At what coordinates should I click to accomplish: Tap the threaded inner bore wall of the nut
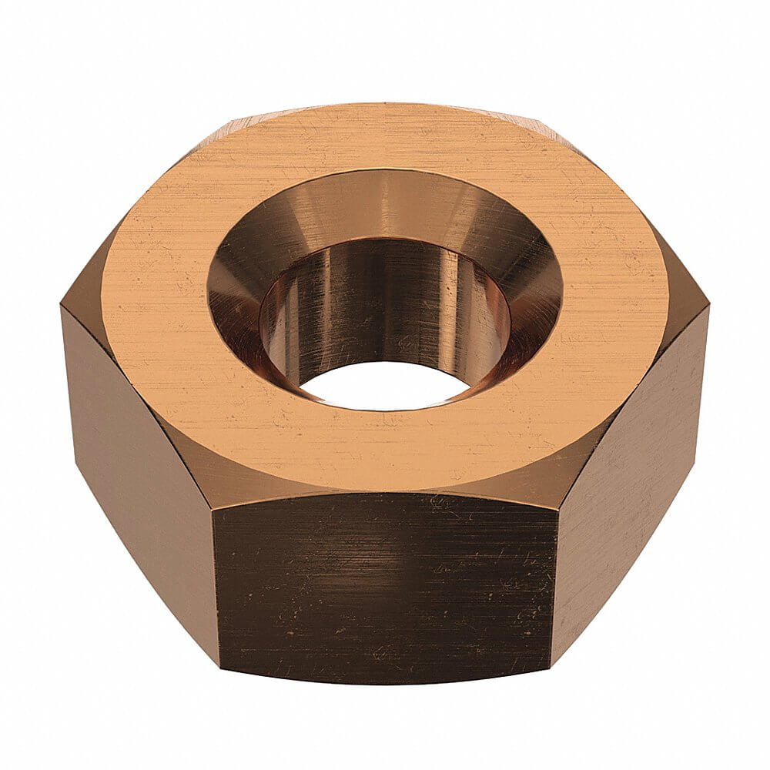pyautogui.click(x=385, y=308)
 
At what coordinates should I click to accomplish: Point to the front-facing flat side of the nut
pyautogui.click(x=385, y=585)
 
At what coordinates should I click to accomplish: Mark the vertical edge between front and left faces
pyautogui.click(x=216, y=585)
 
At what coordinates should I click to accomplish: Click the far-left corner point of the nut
pyautogui.click(x=62, y=308)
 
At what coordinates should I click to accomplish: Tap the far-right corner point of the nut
pyautogui.click(x=708, y=308)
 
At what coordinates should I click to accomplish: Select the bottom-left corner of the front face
pyautogui.click(x=220, y=667)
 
